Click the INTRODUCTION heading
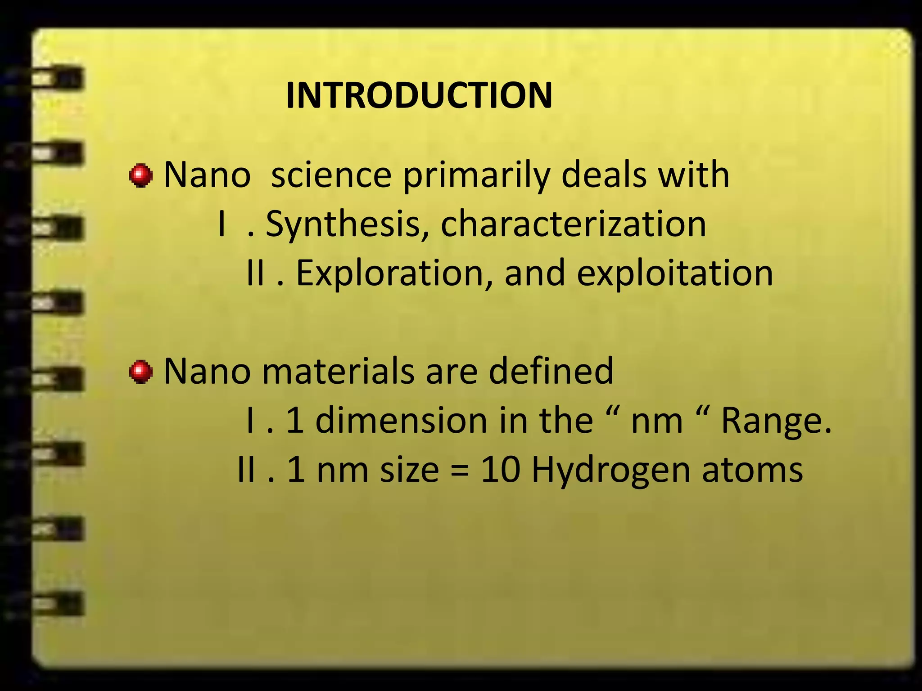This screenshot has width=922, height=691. tap(419, 95)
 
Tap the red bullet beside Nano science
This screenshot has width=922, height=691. tap(141, 175)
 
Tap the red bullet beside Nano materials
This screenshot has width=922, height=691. tap(141, 372)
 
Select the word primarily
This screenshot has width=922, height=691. tap(477, 175)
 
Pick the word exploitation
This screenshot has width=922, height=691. tap(675, 273)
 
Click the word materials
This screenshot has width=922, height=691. tap(338, 371)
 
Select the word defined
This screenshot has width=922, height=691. tap(551, 371)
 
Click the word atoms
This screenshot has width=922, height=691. tap(752, 470)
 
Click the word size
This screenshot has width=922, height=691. tap(409, 470)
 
